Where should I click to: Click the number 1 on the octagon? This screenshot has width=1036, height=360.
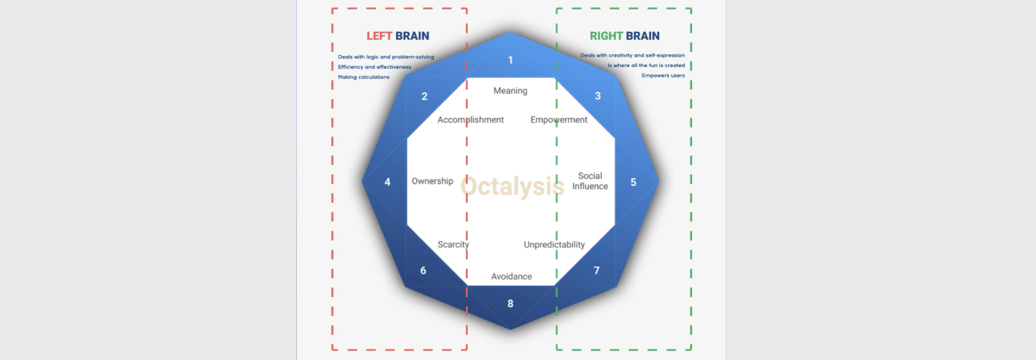coord(510,60)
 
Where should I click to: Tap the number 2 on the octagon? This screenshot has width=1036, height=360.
coord(425,97)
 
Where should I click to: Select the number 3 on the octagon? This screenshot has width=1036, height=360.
coord(598,96)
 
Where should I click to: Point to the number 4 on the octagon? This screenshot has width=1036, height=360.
coord(387,182)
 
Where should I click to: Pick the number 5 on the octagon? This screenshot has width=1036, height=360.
coord(633,182)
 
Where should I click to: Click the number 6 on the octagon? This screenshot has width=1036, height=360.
coord(423,271)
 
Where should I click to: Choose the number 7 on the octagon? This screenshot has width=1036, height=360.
coord(597,271)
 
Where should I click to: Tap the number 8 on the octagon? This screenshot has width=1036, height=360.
coord(510,303)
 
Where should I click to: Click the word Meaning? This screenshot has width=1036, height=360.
coord(510,91)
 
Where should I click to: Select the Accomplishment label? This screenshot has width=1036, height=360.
coord(470,120)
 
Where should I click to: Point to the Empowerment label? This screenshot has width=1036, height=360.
coord(559,120)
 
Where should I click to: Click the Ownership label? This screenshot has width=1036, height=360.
coord(433,181)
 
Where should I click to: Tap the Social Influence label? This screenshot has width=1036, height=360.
coord(590,181)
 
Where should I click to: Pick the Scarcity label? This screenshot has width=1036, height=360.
coord(453,244)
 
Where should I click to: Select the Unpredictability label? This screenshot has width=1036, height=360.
coord(554,244)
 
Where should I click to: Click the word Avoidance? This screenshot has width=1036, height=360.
coord(511,276)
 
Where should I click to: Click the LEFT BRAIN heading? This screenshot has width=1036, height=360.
coord(397,36)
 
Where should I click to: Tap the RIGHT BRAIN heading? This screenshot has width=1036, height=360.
coord(624,36)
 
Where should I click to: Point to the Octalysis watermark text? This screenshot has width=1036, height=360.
coord(512,186)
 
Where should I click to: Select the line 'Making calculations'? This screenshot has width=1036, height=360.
coord(363,77)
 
